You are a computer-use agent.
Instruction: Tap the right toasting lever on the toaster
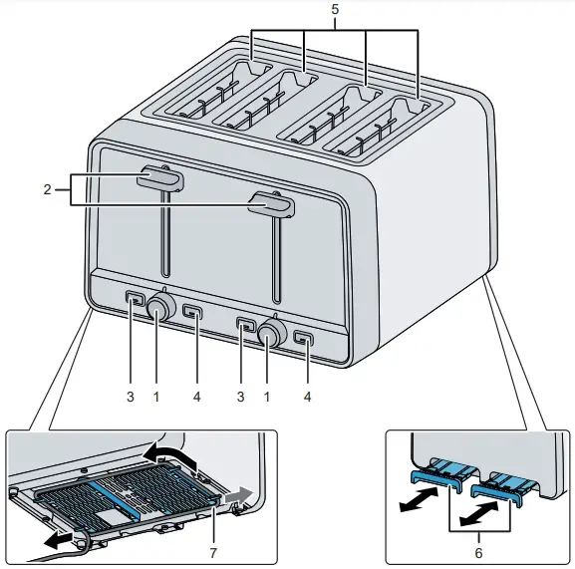click(271, 205)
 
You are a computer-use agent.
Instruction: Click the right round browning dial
click(269, 336)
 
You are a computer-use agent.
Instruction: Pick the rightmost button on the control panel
click(304, 339)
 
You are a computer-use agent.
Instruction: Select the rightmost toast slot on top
click(384, 127)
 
